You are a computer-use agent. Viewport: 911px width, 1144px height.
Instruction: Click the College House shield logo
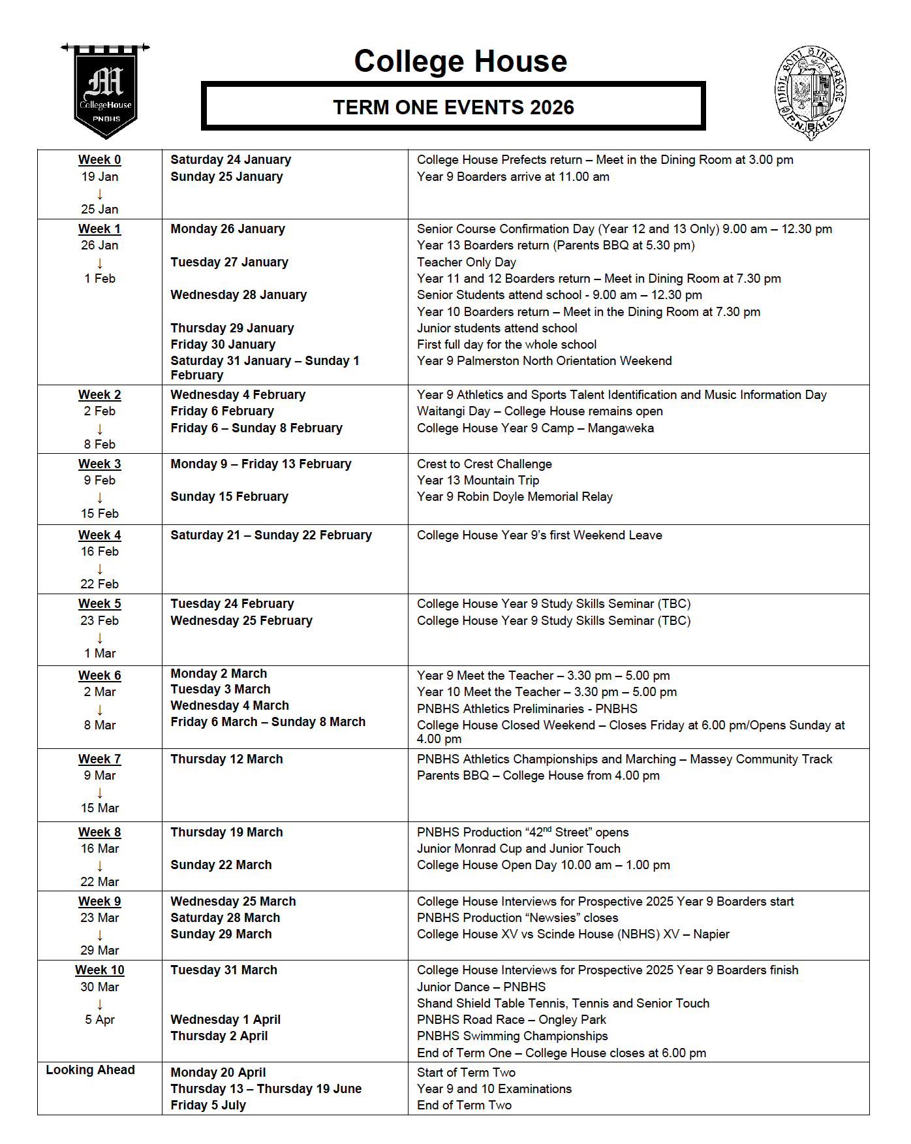point(106,92)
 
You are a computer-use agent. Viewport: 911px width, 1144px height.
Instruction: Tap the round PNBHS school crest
point(810,93)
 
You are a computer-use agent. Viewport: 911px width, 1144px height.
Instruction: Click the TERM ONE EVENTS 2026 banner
point(453,106)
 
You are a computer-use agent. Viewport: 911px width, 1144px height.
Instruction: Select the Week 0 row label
point(99,160)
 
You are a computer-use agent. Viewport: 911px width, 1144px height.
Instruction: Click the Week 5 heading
point(99,604)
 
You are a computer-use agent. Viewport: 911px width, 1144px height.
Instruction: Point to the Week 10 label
point(99,970)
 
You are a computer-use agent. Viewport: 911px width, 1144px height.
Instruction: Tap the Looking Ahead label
point(90,1070)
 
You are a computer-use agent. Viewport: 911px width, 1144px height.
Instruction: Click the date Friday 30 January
point(223,345)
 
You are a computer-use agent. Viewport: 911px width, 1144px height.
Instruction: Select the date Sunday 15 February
point(229,497)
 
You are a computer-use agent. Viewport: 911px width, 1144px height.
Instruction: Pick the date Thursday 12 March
point(226,759)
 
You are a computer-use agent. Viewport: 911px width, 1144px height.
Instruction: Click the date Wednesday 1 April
point(225,1020)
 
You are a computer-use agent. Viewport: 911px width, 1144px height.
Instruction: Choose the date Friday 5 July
point(208,1105)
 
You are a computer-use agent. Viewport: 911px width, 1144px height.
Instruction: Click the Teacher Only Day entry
point(466,262)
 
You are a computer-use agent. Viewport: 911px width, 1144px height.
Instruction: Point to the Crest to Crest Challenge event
point(484,464)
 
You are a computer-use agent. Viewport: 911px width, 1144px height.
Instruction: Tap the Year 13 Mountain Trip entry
point(478,481)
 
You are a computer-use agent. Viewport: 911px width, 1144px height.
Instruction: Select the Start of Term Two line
point(466,1073)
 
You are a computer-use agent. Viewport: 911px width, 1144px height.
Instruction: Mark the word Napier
point(711,934)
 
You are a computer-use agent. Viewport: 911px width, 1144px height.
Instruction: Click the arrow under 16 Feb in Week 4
point(100,569)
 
